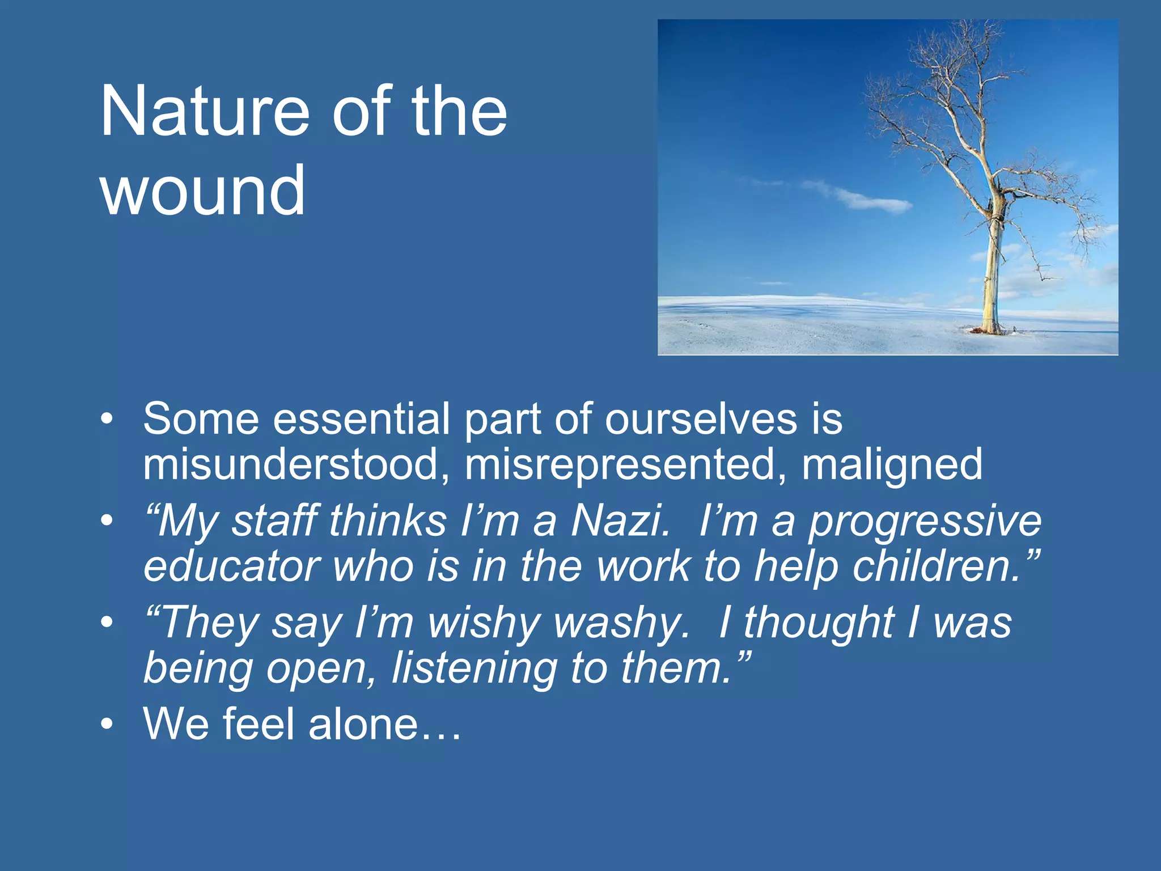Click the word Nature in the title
(x=205, y=111)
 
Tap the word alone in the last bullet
(x=363, y=725)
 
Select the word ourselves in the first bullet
(x=701, y=420)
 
